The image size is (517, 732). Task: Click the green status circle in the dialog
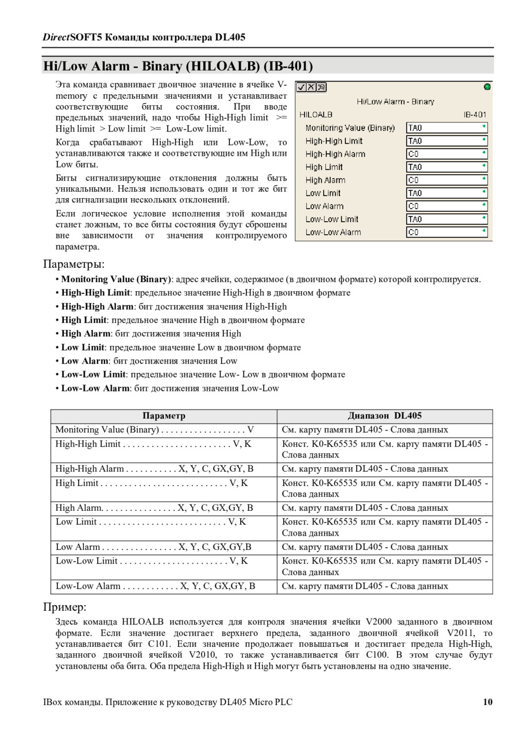pos(487,87)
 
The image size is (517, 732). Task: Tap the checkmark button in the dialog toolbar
pos(301,87)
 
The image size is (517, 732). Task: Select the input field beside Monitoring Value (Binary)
pos(446,128)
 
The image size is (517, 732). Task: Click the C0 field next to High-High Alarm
pos(446,154)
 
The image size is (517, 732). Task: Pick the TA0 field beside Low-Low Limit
pos(446,219)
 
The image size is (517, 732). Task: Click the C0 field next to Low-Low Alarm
pos(446,232)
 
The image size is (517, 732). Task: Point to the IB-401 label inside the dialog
pos(475,114)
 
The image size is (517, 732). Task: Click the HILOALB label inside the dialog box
pos(316,114)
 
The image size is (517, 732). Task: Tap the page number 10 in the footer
pos(488,702)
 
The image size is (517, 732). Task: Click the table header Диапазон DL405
pos(384,416)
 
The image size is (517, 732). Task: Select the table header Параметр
pos(164,416)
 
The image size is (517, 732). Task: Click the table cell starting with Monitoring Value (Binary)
pos(155,430)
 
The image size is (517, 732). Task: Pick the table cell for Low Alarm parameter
pos(153,547)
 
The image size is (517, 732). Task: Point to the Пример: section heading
pos(65,607)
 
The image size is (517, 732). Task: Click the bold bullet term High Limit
pos(84,320)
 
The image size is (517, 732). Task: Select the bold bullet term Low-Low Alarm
pos(95,388)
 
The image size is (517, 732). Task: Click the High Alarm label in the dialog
pos(325,180)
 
